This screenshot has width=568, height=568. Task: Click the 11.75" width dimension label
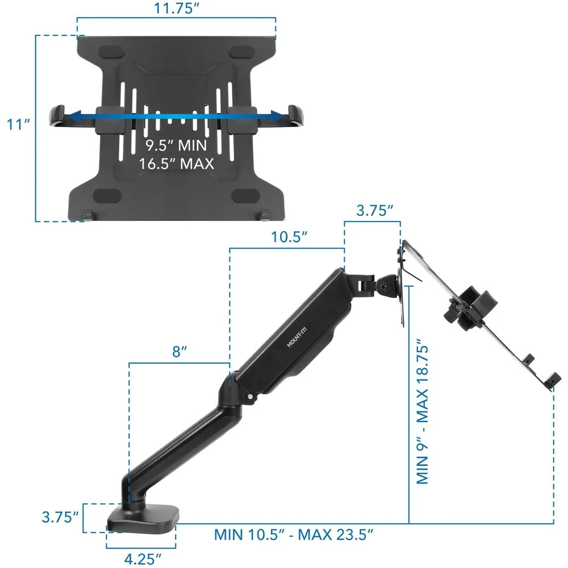tap(177, 9)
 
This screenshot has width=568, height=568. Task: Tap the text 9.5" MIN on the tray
tap(176, 145)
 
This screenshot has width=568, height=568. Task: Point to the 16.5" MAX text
tap(176, 164)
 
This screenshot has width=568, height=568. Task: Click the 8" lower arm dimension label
tap(179, 352)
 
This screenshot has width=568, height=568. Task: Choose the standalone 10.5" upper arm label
tap(287, 237)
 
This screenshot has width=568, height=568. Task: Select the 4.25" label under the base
tap(141, 558)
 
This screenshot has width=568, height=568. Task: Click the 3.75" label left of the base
tap(59, 517)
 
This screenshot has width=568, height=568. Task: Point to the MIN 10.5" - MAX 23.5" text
tap(293, 534)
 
